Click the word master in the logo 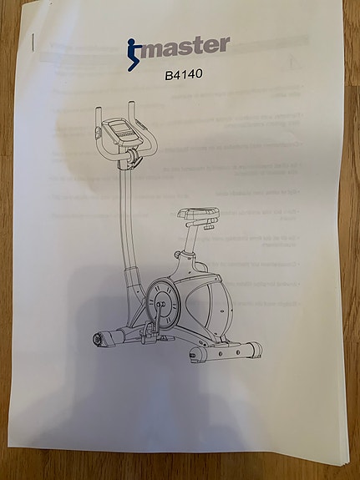click(185, 47)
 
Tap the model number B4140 click(184, 74)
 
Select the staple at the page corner click(33, 42)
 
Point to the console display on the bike click(119, 129)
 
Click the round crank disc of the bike click(162, 304)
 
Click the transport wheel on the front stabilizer click(98, 339)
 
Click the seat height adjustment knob click(177, 254)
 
